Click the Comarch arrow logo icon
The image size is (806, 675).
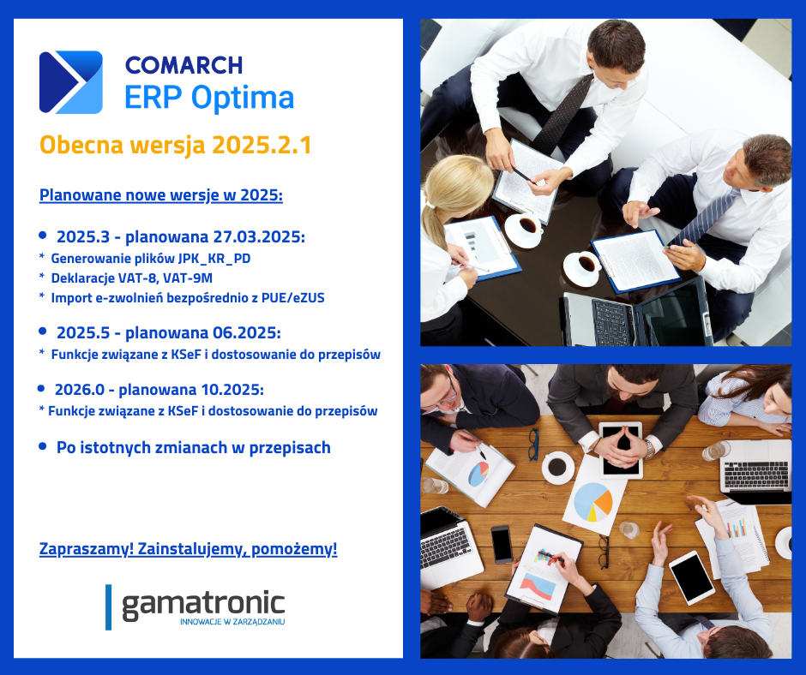[x=71, y=82]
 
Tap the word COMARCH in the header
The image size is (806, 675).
[x=184, y=66]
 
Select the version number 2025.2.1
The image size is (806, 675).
[x=262, y=145]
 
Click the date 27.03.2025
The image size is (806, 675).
[x=259, y=236]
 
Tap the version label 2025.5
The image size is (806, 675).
[x=83, y=333]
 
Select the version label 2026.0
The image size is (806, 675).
[x=80, y=390]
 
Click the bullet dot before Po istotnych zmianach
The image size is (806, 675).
[x=43, y=446]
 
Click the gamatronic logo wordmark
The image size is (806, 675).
[x=203, y=605]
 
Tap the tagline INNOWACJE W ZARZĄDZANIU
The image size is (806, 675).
[x=232, y=622]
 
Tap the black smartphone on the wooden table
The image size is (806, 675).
[x=502, y=544]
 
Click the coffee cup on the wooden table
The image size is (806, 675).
[x=557, y=467]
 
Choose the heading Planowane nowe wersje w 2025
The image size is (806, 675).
[x=161, y=195]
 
